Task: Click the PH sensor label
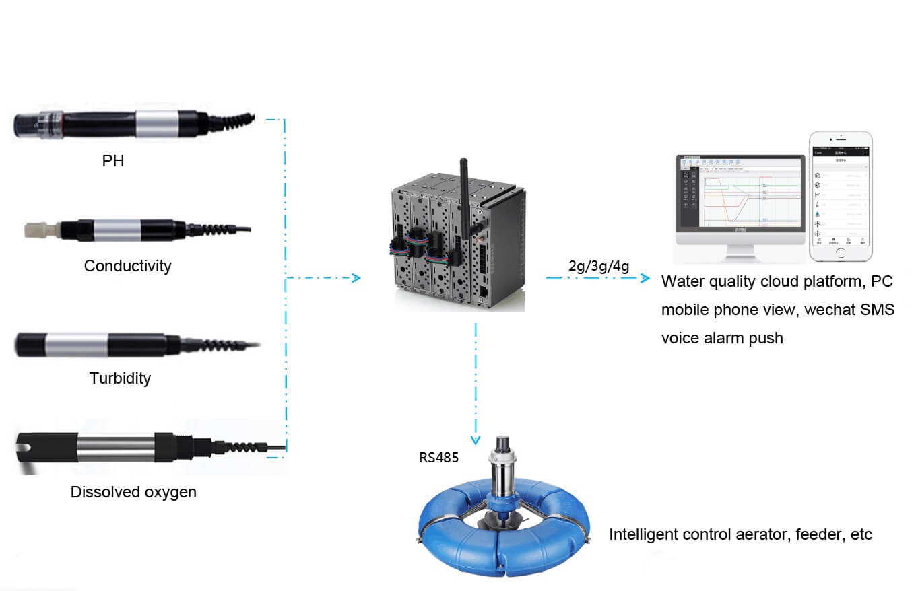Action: [x=113, y=161]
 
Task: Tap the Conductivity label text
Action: [x=127, y=266]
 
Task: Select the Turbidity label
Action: [x=120, y=378]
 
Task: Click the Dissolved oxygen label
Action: [x=133, y=492]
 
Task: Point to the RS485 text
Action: [x=438, y=458]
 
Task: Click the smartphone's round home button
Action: [x=840, y=253]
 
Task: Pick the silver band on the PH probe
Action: [x=157, y=123]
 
